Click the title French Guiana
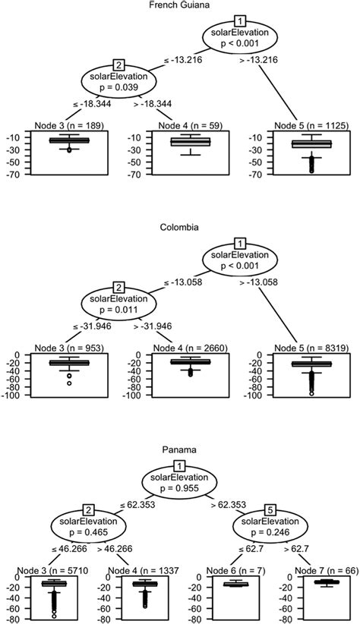click(179, 5)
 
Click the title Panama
click(179, 449)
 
